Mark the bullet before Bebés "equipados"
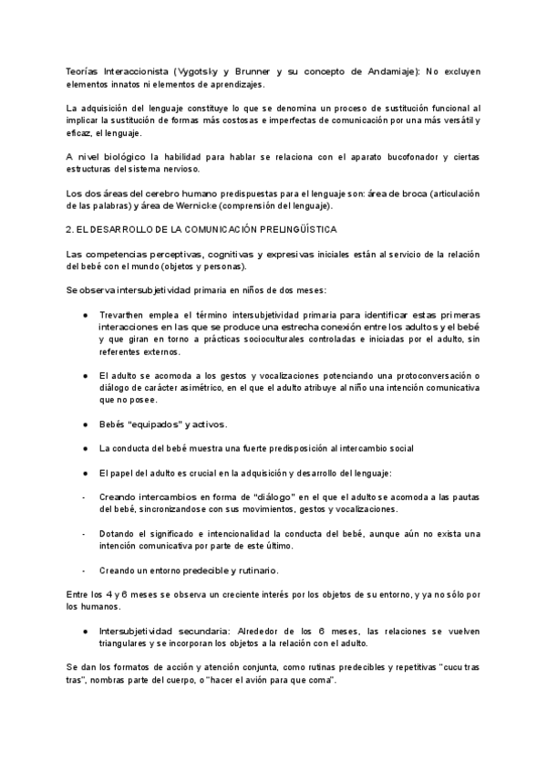point(85,424)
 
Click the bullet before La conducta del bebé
point(85,448)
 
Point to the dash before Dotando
point(85,533)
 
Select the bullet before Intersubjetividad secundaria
point(85,630)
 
